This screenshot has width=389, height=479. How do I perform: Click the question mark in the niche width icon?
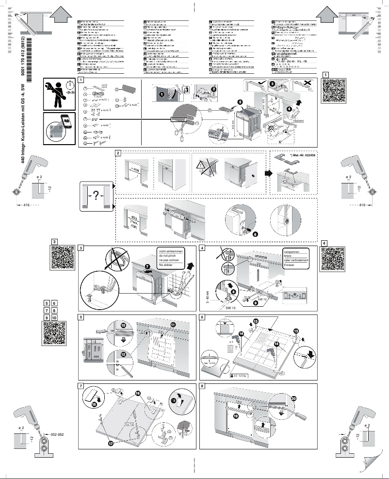(x=96, y=196)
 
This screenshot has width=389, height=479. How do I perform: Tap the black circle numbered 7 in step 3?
(x=147, y=267)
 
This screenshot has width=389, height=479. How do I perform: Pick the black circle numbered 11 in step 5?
(x=173, y=324)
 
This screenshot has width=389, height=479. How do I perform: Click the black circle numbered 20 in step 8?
(x=293, y=399)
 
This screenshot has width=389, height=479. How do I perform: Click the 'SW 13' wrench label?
(x=231, y=308)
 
